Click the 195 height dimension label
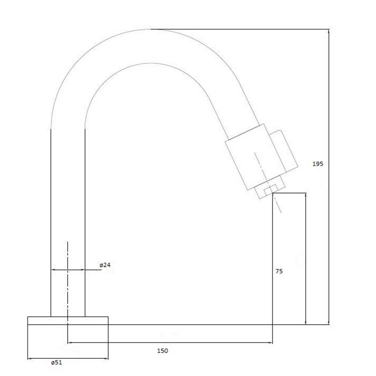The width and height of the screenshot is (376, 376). [x=318, y=164]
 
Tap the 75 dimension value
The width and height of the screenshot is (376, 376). [x=279, y=271]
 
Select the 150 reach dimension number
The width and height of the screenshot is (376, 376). [x=163, y=351]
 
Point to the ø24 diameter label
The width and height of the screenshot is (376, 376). [x=105, y=265]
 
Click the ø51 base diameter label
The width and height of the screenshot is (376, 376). [x=57, y=362]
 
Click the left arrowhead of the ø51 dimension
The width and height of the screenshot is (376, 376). [x=30, y=359]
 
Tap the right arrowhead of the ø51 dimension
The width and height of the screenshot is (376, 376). [x=106, y=359]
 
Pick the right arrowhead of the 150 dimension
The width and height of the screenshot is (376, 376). [x=271, y=343]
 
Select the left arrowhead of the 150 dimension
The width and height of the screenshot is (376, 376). [x=70, y=343]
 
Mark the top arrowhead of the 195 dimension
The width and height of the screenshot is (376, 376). [x=329, y=31]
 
